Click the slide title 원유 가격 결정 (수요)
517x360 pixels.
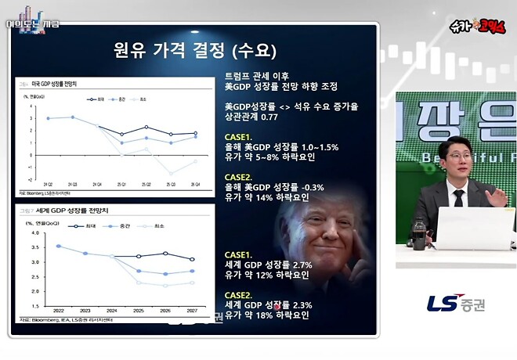[x=193, y=51]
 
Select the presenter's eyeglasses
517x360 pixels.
[x=457, y=157]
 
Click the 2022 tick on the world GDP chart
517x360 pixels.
[x=58, y=310]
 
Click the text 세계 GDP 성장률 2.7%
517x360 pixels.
[x=269, y=265]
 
